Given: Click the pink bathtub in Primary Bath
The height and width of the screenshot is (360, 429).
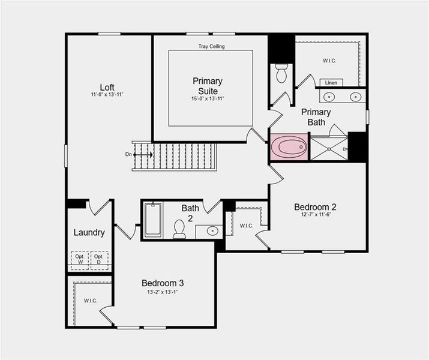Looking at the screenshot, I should [289, 147].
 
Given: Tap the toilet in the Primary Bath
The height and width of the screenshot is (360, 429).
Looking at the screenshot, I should [281, 73].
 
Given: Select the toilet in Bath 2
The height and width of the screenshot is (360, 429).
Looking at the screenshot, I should [179, 229].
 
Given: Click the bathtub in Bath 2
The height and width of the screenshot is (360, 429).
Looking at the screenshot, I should [153, 220].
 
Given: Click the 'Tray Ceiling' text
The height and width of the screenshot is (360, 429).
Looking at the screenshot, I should [212, 46].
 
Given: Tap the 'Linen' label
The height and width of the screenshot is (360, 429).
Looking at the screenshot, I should [331, 82].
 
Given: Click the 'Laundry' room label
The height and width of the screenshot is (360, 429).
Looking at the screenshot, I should [89, 232].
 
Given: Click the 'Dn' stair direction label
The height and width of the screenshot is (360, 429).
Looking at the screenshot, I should [128, 154].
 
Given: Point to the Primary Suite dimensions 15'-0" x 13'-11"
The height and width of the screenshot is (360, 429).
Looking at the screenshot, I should [208, 99].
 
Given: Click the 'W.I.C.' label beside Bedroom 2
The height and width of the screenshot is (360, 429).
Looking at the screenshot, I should [247, 226].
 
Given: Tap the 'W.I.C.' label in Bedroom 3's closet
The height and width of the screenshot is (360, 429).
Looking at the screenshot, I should [90, 301].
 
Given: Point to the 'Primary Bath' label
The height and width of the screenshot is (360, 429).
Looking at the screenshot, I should [316, 117].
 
